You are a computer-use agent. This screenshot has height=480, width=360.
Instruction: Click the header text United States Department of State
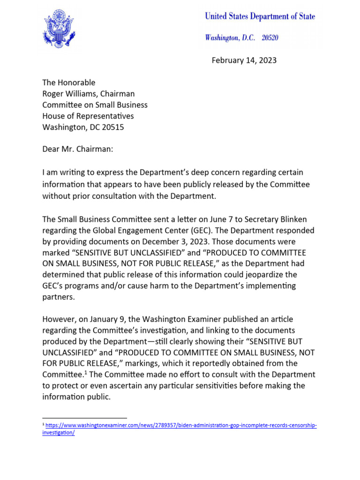point(260,17)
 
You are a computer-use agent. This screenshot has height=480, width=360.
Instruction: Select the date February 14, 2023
point(244,60)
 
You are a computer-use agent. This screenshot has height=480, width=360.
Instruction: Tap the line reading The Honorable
point(68,82)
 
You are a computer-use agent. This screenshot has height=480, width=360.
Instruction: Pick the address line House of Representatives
point(88,116)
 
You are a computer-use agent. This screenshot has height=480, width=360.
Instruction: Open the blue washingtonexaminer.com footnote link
point(181,426)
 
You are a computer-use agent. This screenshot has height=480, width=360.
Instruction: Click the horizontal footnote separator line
point(84,417)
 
